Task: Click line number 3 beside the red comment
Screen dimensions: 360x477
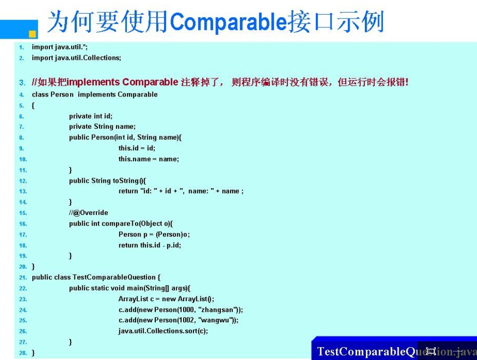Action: pyautogui.click(x=22, y=82)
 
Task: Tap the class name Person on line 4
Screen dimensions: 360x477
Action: pyautogui.click(x=62, y=95)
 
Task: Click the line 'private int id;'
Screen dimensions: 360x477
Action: pyautogui.click(x=91, y=116)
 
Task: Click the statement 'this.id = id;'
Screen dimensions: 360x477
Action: pyautogui.click(x=137, y=148)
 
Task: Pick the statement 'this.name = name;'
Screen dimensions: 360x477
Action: pyautogui.click(x=149, y=159)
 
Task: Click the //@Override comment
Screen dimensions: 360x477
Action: pyautogui.click(x=89, y=213)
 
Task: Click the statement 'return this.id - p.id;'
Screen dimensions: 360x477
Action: pyautogui.click(x=150, y=245)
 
